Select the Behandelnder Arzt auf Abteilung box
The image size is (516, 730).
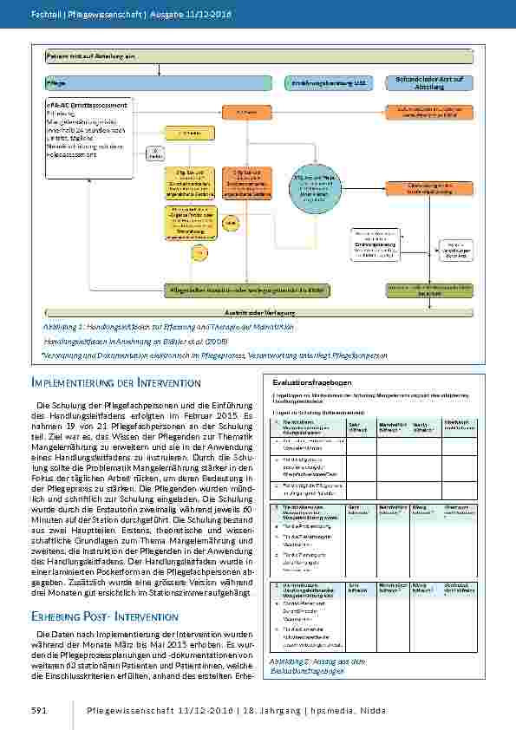coord(430,83)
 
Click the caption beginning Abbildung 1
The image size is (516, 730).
coord(168,327)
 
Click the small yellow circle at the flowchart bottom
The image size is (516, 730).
coord(199,252)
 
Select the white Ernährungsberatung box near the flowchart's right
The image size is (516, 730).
coord(375,244)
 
